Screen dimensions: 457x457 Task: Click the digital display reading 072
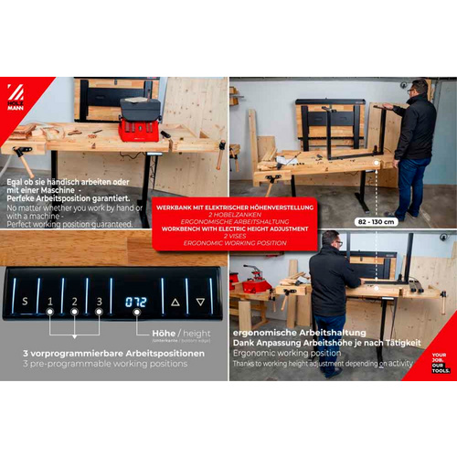click(136, 301)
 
